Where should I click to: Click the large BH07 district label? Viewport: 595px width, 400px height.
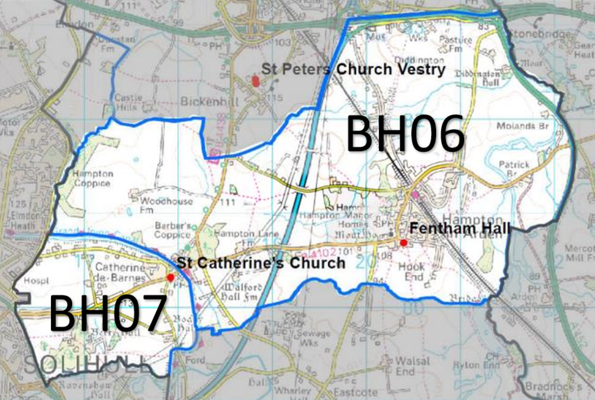(x=107, y=313)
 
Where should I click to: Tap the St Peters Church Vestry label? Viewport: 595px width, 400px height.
(x=353, y=70)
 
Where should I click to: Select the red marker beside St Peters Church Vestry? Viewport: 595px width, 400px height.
(x=255, y=80)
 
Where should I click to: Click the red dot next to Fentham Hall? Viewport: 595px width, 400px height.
(x=403, y=243)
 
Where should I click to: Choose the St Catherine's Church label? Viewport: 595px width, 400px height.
(x=261, y=263)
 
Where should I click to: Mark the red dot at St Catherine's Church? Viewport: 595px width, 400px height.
(x=170, y=278)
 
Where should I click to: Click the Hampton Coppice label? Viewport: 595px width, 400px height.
(x=90, y=179)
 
